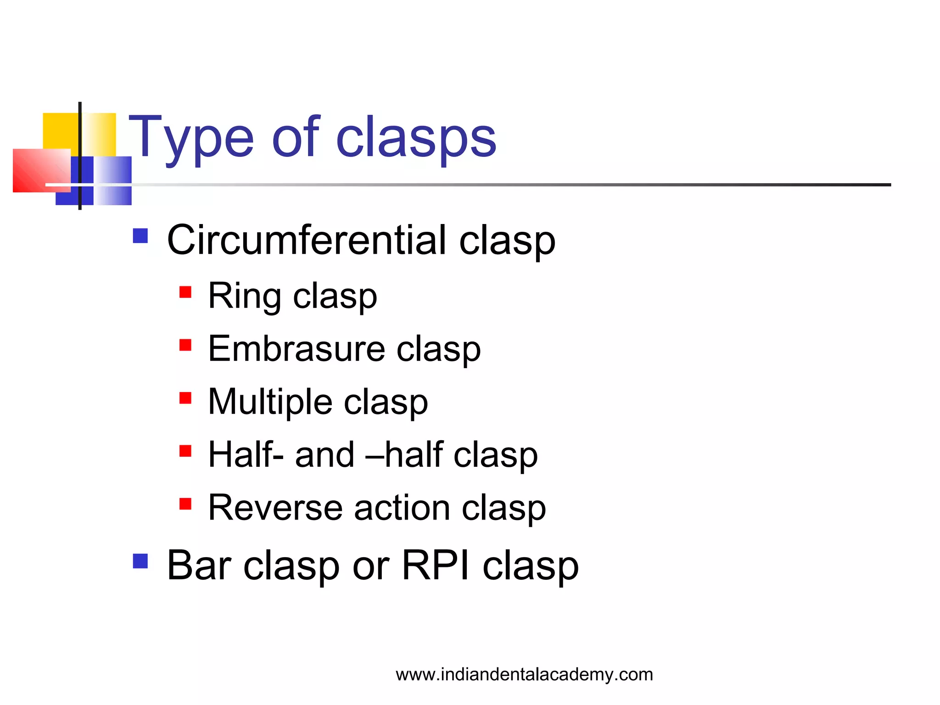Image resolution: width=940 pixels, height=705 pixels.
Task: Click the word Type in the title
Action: coord(191,138)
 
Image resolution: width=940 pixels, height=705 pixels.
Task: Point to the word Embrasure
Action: coord(297,349)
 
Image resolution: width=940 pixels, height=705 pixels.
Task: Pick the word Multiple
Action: coord(270,402)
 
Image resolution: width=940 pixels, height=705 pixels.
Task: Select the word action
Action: coord(402,508)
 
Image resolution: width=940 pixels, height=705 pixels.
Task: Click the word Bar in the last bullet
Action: coord(199,565)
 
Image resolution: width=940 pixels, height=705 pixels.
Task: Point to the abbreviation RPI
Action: coord(436,565)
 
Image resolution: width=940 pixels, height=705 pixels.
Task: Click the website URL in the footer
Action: coord(524,674)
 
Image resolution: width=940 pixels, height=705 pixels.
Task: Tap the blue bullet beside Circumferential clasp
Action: coord(140,236)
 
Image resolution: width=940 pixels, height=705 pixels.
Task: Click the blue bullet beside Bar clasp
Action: coord(140,561)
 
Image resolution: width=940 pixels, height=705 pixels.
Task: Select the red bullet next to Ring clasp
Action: coord(185,292)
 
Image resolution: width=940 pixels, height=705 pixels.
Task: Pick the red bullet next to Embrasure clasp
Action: coord(185,345)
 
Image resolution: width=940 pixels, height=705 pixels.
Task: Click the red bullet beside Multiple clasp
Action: coord(185,398)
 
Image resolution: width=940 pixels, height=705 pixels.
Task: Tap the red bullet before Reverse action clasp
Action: coord(185,504)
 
